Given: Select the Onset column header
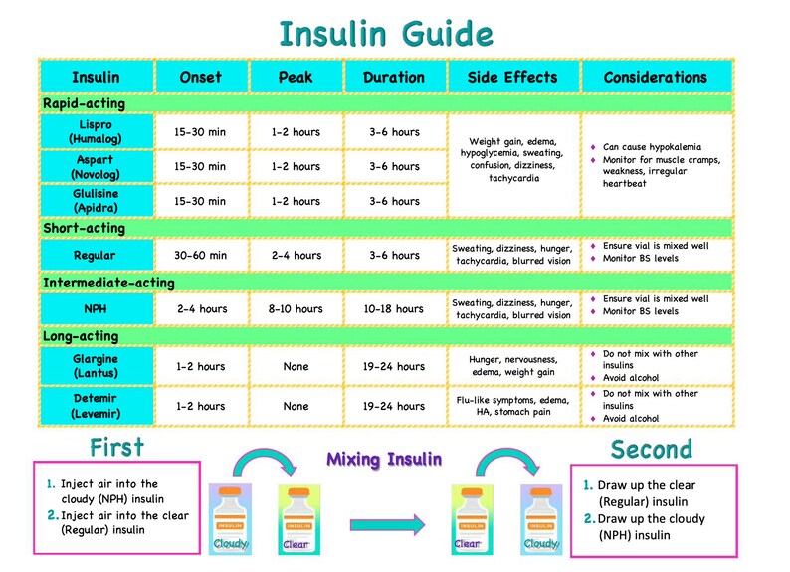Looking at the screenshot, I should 200,77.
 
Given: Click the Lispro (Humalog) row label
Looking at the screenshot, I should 96,132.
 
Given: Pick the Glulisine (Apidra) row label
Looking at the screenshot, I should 96,201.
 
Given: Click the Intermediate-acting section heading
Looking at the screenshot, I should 108,283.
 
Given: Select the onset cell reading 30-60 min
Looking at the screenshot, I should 200,256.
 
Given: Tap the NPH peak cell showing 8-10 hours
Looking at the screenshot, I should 296,309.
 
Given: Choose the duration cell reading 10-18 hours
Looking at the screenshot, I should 392,309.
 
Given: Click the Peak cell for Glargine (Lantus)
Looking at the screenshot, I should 296,366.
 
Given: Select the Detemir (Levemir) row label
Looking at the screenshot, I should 96,406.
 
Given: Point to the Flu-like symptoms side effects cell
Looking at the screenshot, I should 512,406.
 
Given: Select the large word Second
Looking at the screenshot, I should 652,449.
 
